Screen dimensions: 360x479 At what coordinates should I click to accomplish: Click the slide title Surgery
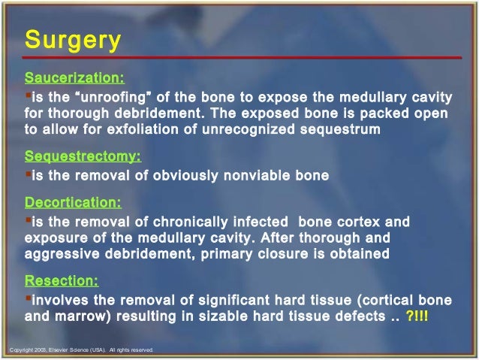coord(72,40)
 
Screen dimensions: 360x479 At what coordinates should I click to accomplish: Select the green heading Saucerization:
coord(75,77)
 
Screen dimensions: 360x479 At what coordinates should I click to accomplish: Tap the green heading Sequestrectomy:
coord(83,156)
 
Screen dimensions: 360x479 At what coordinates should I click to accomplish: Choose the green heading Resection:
coord(62,282)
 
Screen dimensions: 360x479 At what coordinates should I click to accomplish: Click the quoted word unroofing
coord(120,97)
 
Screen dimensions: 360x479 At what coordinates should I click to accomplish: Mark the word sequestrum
coord(345,129)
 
